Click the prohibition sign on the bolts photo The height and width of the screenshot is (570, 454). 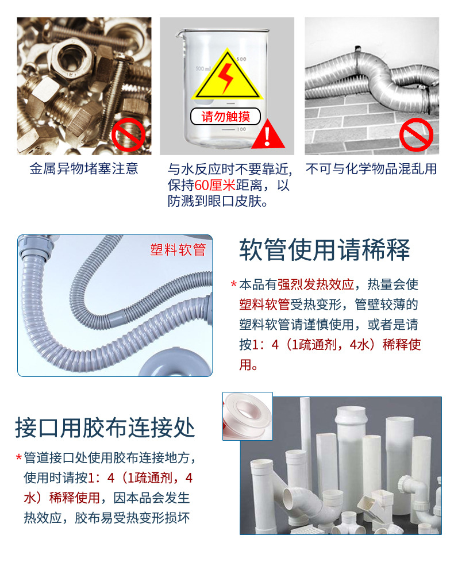(128, 134)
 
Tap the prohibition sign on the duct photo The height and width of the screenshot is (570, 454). (416, 134)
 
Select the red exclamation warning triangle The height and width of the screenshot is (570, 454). (268, 134)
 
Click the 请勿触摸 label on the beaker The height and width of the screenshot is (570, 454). (225, 116)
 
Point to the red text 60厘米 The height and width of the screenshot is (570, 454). (215, 185)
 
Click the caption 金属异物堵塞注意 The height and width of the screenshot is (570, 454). (84, 169)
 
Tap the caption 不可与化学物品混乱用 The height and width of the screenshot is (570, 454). (371, 169)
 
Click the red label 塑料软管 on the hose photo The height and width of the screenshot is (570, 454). (178, 250)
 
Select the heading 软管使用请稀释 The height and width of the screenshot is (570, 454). (325, 250)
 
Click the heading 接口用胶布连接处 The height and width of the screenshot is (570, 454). (105, 427)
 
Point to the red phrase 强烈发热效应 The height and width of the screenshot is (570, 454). (316, 284)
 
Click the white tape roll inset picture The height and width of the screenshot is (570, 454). (248, 416)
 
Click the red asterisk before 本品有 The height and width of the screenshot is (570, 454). (234, 284)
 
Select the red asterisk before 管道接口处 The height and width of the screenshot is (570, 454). (19, 457)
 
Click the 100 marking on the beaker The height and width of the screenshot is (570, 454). (241, 129)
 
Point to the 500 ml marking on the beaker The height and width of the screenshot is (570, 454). (203, 68)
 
